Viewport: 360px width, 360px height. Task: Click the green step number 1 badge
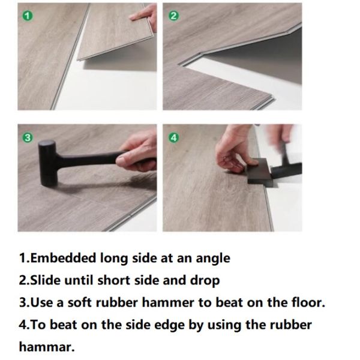tap(26, 16)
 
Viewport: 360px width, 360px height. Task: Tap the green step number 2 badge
tap(174, 16)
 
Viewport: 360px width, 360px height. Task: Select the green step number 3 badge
tap(26, 138)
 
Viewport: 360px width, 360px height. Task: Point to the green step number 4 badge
tap(174, 138)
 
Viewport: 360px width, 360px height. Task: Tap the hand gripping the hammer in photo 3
tap(137, 153)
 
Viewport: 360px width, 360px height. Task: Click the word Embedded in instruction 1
tap(56, 259)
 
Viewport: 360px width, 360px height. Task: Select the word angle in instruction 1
tap(212, 259)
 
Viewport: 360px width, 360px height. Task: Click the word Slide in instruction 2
tap(43, 280)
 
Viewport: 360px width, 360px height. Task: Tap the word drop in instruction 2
tap(206, 280)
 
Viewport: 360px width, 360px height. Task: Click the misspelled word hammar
tap(46, 346)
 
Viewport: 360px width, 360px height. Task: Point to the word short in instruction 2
tap(116, 280)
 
